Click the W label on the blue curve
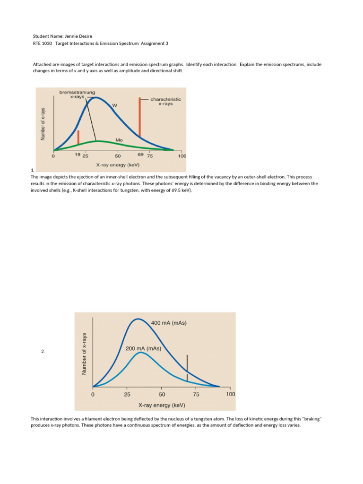coord(114,105)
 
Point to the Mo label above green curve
coord(119,140)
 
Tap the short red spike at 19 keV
coord(78,137)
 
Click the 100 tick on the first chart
coord(182,156)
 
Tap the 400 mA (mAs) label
coord(169,323)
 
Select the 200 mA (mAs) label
coord(143,349)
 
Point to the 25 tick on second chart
coord(127,394)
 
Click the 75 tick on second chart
coord(197,394)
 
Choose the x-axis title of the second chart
coord(162,405)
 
